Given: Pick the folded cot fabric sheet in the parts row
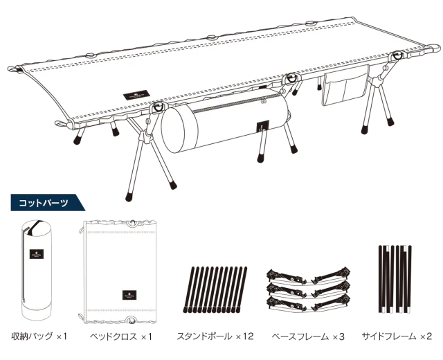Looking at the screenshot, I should tap(121, 271).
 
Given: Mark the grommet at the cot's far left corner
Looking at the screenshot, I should tap(15, 70).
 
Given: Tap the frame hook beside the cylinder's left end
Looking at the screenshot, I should tap(159, 107).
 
